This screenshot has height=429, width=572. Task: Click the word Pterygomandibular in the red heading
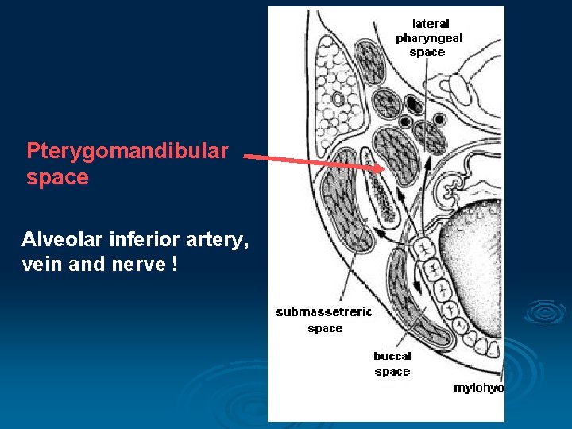coord(127,150)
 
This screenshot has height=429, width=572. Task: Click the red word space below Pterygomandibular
coord(57,177)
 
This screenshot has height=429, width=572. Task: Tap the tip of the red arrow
coord(381,168)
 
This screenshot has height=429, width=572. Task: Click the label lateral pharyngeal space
coord(428,38)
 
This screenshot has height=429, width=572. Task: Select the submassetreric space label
coord(323,319)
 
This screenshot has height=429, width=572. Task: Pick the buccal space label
coord(392,364)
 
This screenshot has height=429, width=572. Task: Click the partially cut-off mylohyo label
coord(478,388)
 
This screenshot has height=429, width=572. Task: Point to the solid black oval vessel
coord(414,103)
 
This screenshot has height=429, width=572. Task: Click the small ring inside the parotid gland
coord(338,99)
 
